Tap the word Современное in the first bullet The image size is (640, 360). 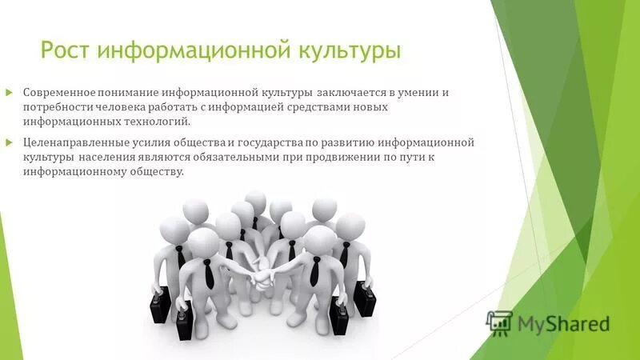62,92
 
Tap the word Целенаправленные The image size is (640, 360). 74,143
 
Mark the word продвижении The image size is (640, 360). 337,158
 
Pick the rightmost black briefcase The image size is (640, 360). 366,301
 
